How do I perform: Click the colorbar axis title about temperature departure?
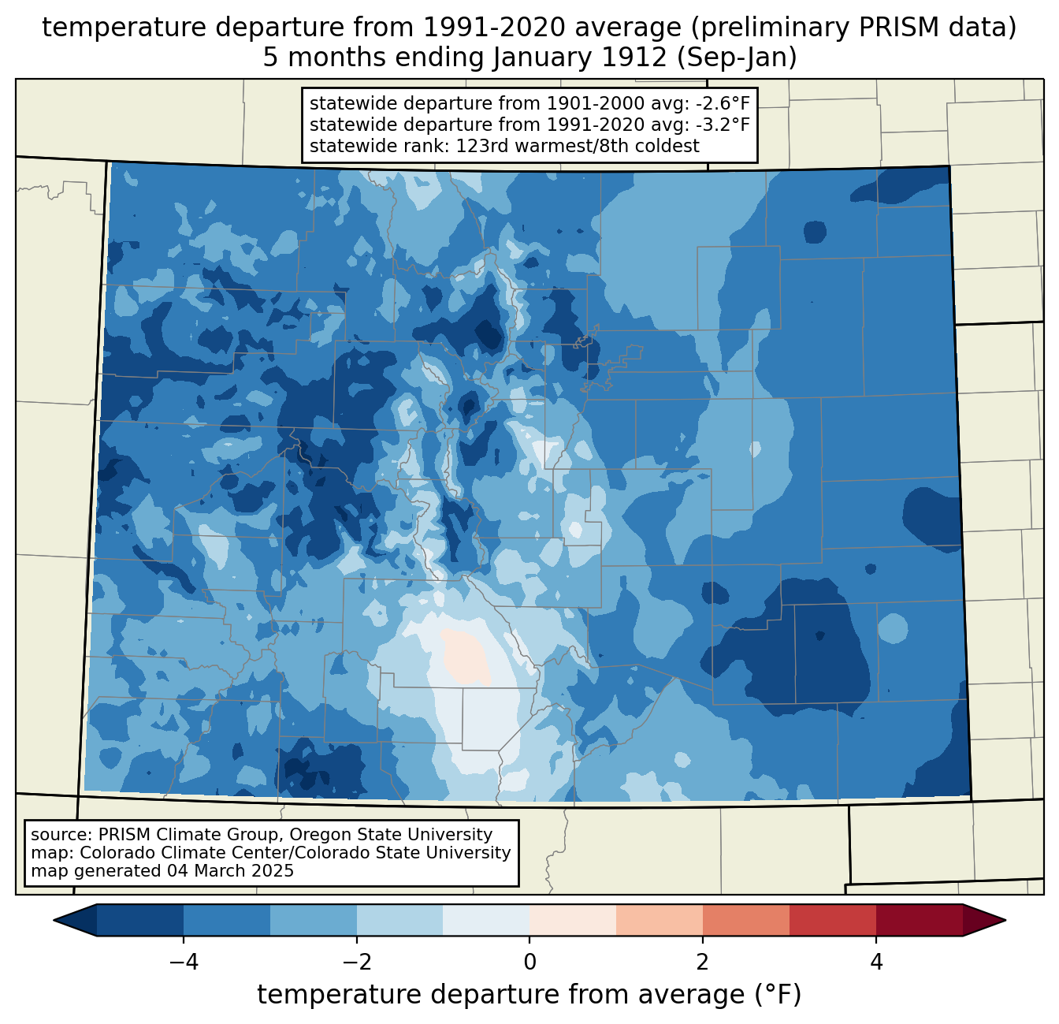(529, 995)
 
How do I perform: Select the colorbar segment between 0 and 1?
(573, 920)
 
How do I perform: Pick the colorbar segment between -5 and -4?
(140, 920)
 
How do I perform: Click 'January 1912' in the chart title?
(581, 58)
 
